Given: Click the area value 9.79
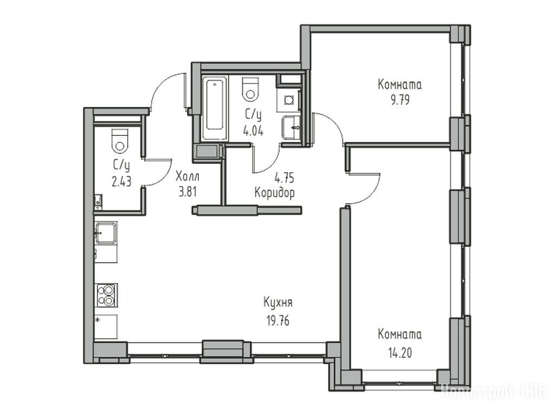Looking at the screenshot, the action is (400, 100).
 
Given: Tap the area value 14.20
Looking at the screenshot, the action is (399, 353).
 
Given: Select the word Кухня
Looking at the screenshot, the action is (278, 303).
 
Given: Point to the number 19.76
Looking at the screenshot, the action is (278, 321).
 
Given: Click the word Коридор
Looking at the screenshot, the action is (275, 193).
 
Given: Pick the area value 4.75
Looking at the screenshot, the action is (284, 178).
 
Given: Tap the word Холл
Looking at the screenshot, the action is (187, 176).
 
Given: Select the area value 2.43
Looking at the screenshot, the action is (121, 182).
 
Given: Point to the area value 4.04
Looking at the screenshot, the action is (253, 131).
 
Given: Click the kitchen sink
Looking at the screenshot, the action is (106, 233).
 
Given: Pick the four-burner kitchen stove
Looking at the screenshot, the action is (107, 295).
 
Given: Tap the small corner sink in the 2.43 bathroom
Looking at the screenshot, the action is (98, 201).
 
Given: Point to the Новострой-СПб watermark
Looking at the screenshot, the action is (494, 392).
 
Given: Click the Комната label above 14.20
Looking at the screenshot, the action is (400, 335).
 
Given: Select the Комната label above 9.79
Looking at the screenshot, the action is (400, 85).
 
